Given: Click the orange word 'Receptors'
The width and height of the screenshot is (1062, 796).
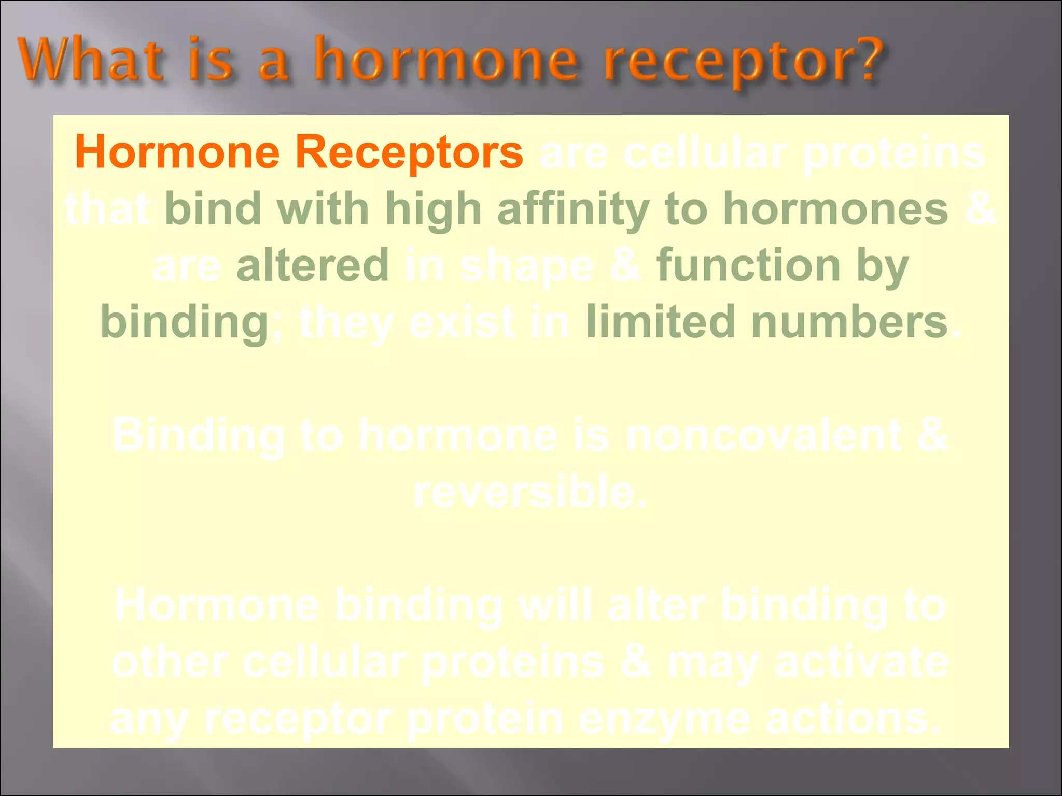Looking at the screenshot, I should pos(409,152).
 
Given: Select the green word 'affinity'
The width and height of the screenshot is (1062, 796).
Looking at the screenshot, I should pos(573,209).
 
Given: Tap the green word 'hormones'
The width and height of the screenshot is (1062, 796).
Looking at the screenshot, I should pos(835,209).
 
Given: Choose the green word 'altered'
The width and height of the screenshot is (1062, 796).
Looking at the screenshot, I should pos(312,265).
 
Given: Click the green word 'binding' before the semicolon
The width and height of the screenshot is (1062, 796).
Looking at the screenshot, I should pos(184,323).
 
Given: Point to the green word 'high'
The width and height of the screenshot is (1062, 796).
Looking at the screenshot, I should pos(433,209).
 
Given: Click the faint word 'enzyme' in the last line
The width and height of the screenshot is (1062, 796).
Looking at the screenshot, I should pos(664,719).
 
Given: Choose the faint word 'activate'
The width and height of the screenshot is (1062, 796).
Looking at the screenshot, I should pos(861,662).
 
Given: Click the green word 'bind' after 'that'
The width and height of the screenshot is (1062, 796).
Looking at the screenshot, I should pos(213,209).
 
